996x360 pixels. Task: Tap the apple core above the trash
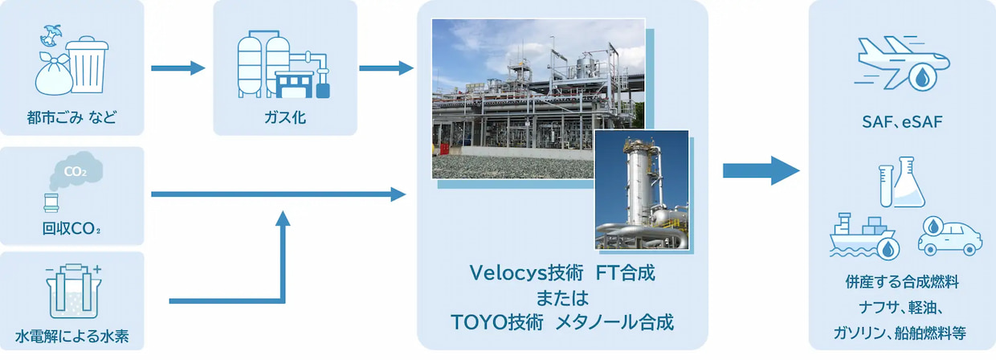click(x=50, y=35)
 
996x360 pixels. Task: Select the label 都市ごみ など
click(x=72, y=117)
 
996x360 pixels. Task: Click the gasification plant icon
click(x=284, y=64)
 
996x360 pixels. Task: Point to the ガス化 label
click(x=285, y=117)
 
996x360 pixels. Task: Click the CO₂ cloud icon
click(x=76, y=170)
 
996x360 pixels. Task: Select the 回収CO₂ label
click(x=71, y=229)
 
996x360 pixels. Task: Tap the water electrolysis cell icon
click(x=73, y=291)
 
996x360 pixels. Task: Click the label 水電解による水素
click(x=72, y=336)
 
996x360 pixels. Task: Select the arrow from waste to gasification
click(x=178, y=68)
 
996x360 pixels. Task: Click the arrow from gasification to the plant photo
click(x=386, y=68)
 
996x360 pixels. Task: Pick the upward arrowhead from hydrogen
click(x=283, y=219)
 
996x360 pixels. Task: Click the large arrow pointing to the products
click(x=761, y=170)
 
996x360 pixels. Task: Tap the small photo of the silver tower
click(x=642, y=190)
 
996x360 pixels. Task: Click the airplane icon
click(x=902, y=63)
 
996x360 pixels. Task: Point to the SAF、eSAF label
click(x=902, y=121)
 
